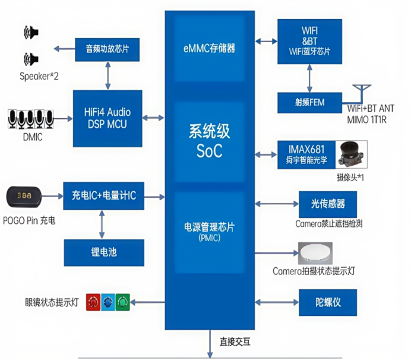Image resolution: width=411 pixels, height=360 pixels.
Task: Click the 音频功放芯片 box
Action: tap(108, 49)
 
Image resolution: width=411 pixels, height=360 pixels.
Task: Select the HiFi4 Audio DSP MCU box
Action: tap(108, 118)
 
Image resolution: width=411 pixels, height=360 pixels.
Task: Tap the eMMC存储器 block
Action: tap(209, 48)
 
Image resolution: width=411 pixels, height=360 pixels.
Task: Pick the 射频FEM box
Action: tap(309, 102)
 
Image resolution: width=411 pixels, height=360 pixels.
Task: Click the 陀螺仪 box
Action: tap(328, 302)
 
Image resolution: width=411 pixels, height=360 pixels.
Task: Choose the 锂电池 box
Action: tap(104, 252)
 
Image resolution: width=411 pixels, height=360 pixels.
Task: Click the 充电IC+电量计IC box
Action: tap(104, 196)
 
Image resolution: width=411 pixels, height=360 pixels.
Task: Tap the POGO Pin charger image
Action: tap(23, 195)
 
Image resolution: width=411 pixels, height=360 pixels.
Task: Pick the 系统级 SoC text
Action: tap(209, 141)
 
